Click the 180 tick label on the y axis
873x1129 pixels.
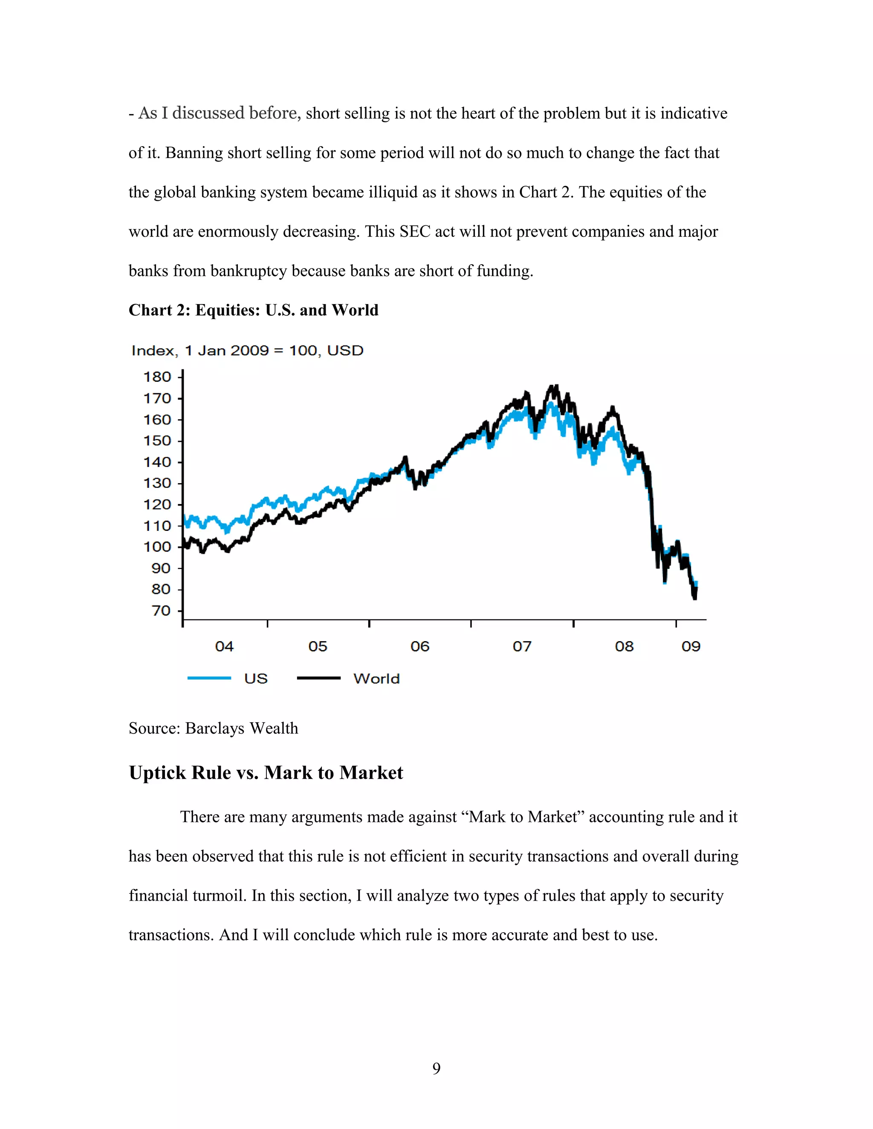(x=157, y=377)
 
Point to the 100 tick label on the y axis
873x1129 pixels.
(x=157, y=547)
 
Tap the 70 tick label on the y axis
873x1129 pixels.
(x=161, y=611)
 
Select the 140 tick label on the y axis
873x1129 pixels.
(x=157, y=462)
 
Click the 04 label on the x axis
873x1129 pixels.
(x=225, y=647)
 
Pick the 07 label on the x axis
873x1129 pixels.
(x=522, y=647)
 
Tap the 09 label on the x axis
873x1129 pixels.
(x=691, y=647)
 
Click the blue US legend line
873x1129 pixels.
(x=209, y=678)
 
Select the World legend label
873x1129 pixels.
(x=376, y=679)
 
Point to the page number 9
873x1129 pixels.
(x=436, y=1069)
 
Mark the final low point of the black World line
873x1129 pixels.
(x=694, y=598)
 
